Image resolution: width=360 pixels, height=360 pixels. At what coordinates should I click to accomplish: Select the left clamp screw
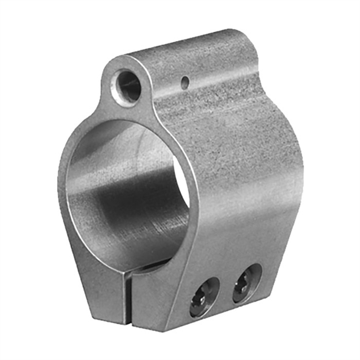click(205, 296)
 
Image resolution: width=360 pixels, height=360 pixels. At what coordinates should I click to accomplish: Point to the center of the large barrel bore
click(130, 190)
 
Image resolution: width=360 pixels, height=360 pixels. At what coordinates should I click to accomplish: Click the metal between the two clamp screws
click(226, 291)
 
